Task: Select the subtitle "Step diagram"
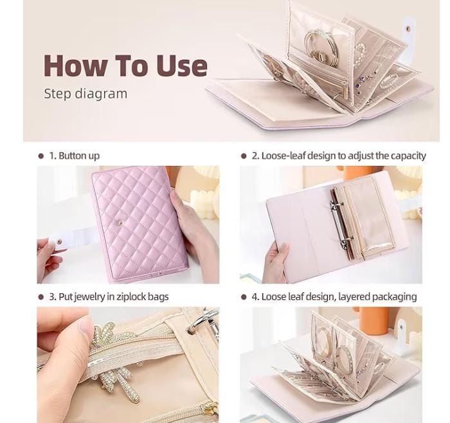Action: click(85, 94)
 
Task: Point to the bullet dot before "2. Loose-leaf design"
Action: click(244, 156)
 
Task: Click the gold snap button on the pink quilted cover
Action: click(121, 222)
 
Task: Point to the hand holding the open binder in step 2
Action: click(276, 260)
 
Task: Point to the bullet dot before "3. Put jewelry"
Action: click(40, 296)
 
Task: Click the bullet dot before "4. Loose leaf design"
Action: click(244, 296)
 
